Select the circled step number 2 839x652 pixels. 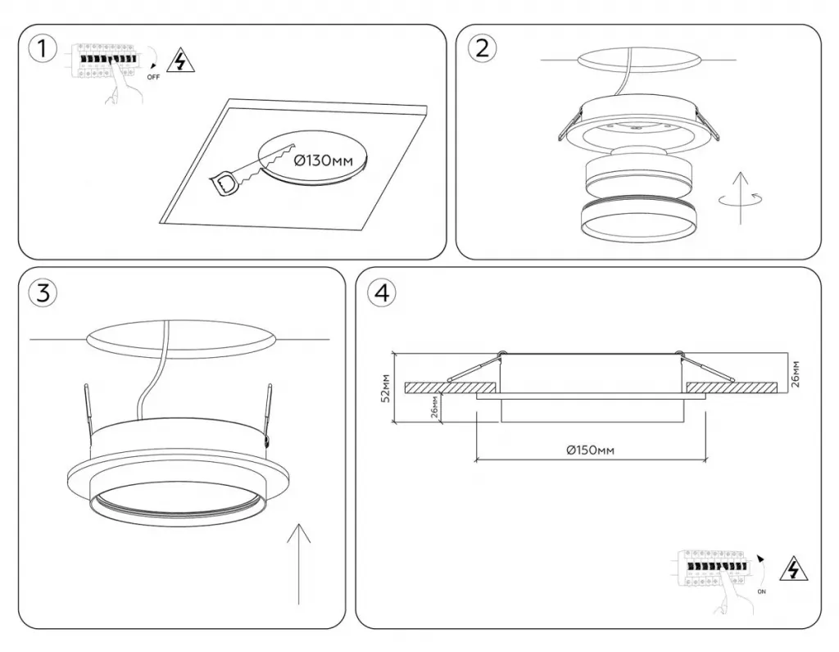[x=482, y=48]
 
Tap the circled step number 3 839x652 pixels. [x=43, y=292]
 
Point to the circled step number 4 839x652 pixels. [x=383, y=292]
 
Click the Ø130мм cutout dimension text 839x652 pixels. [x=324, y=160]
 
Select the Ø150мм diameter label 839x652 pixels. [x=590, y=451]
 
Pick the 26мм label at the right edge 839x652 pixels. [x=796, y=374]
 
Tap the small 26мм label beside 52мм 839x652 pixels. [x=434, y=408]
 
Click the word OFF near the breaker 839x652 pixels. [x=153, y=77]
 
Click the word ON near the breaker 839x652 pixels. [x=761, y=591]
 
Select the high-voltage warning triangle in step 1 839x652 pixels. [x=181, y=60]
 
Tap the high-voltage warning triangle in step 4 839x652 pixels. [x=794, y=569]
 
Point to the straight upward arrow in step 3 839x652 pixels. [x=298, y=564]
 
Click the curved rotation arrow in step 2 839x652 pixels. [x=741, y=198]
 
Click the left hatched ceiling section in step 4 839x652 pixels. [x=448, y=387]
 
